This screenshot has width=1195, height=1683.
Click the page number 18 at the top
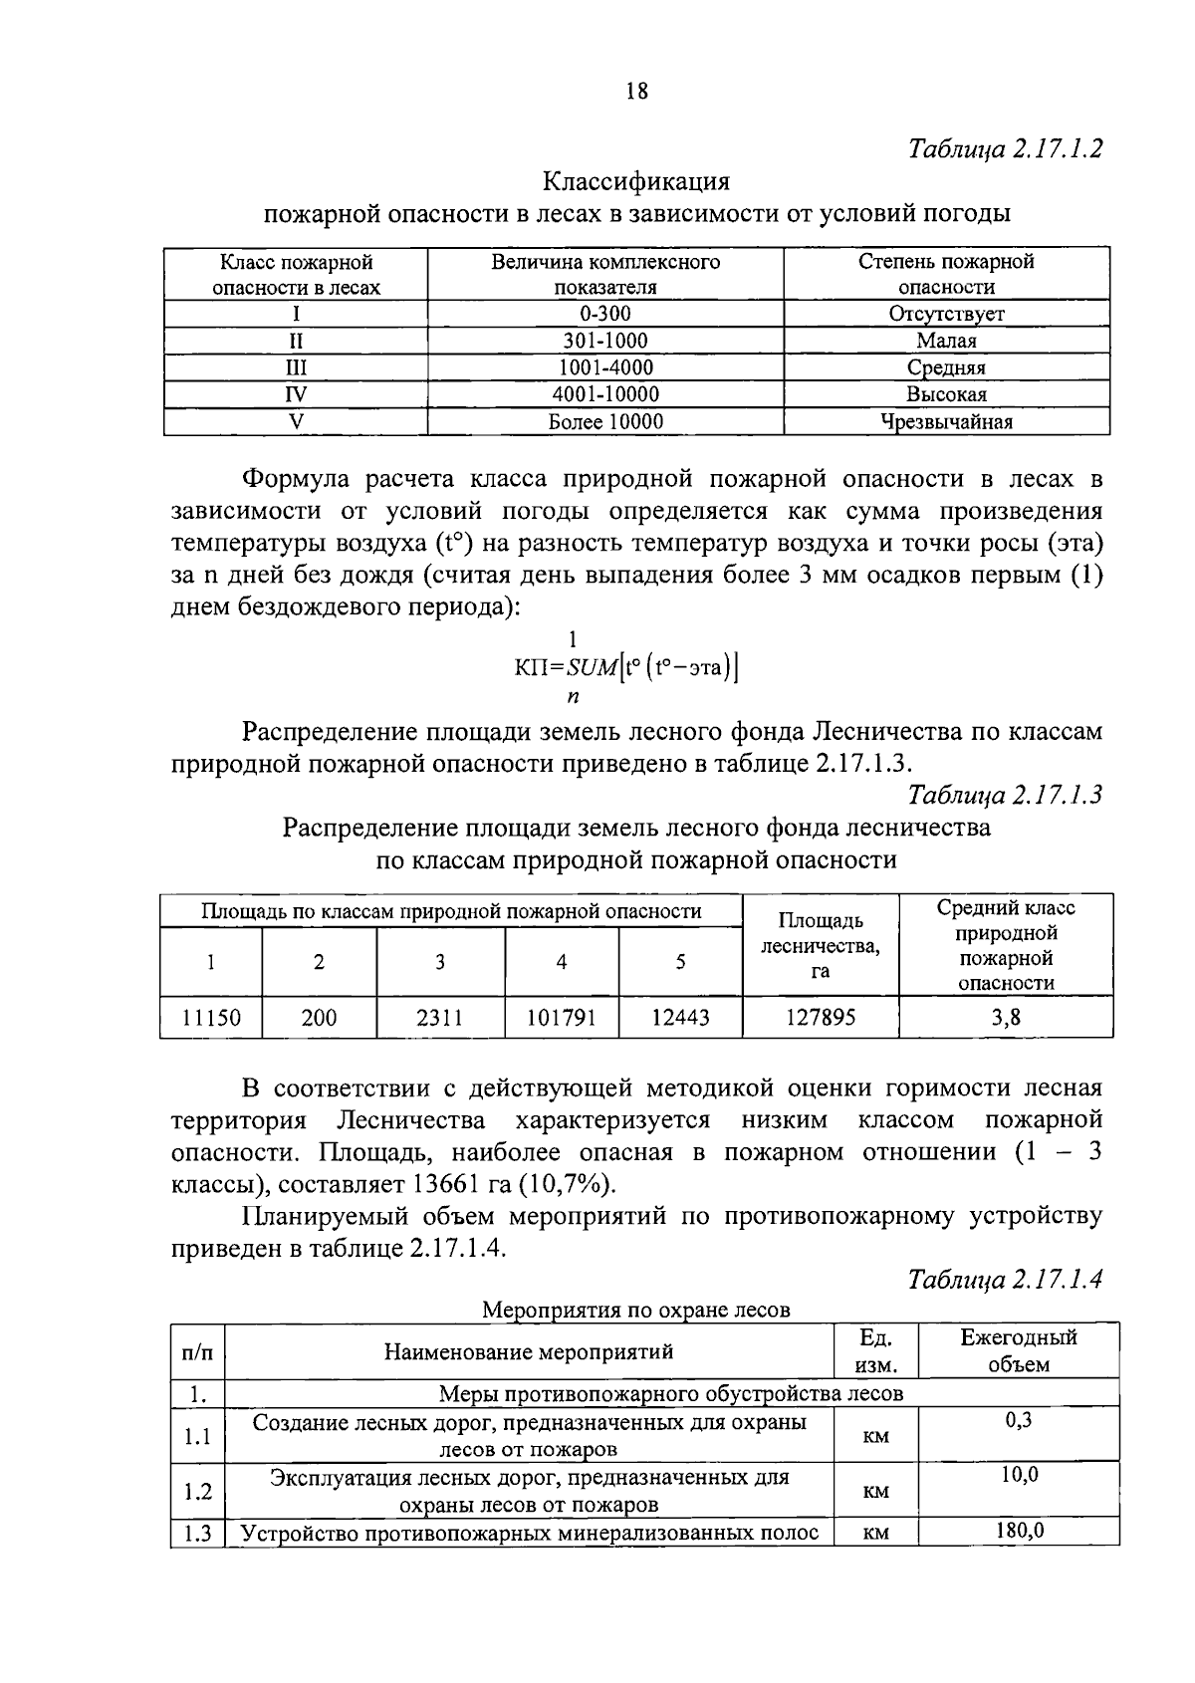[637, 92]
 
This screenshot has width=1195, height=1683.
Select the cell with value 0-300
[604, 314]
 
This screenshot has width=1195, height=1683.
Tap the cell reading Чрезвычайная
[946, 421]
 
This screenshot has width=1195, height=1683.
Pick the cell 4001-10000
[604, 394]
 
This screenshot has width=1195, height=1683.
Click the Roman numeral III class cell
[296, 367]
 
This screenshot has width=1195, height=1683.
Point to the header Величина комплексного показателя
[604, 274]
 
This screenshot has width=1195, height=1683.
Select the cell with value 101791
[561, 1018]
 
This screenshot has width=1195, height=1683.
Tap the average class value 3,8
[1006, 1018]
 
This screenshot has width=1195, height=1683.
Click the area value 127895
[821, 1018]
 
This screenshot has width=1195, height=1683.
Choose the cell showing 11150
[210, 1018]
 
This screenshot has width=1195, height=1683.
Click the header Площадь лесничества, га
[821, 945]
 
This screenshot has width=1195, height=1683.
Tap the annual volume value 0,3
[1019, 1421]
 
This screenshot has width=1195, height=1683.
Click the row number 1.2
[198, 1491]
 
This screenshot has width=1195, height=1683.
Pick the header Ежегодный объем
[1019, 1350]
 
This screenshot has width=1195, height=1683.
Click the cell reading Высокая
[946, 394]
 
